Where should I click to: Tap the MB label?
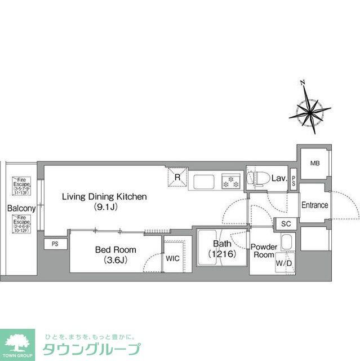coord(314,164)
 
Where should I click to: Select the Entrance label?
coord(314,205)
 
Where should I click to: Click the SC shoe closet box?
coord(286,223)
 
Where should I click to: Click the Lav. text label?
coord(279,179)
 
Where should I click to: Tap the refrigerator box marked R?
coord(177,178)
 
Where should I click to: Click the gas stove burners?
coord(230,182)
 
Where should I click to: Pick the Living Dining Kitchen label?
coord(104,197)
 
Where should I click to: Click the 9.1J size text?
coord(104,207)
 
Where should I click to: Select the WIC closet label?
coord(172,258)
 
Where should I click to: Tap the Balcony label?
coord(21,208)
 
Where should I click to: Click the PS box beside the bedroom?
coord(55,244)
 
